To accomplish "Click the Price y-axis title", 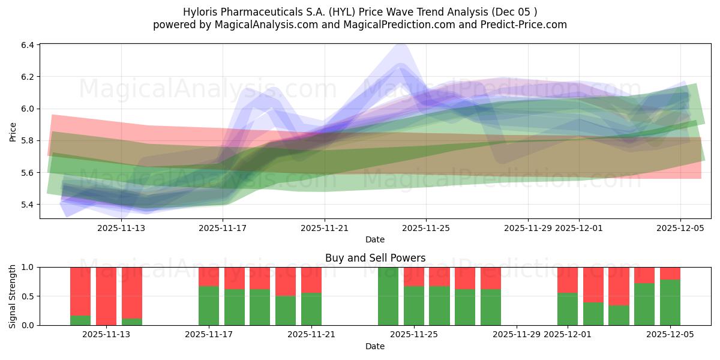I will (13, 131).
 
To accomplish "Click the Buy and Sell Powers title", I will (375, 258).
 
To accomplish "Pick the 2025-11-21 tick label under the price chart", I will (324, 228).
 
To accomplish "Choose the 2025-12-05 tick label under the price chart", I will (680, 228).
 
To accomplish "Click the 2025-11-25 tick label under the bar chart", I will (414, 335).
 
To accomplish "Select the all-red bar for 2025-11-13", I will (106, 296).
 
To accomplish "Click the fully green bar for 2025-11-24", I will (388, 296).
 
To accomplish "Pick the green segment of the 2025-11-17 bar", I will (209, 305).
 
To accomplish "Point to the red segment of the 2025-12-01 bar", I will (568, 280).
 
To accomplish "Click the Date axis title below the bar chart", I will (375, 346).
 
